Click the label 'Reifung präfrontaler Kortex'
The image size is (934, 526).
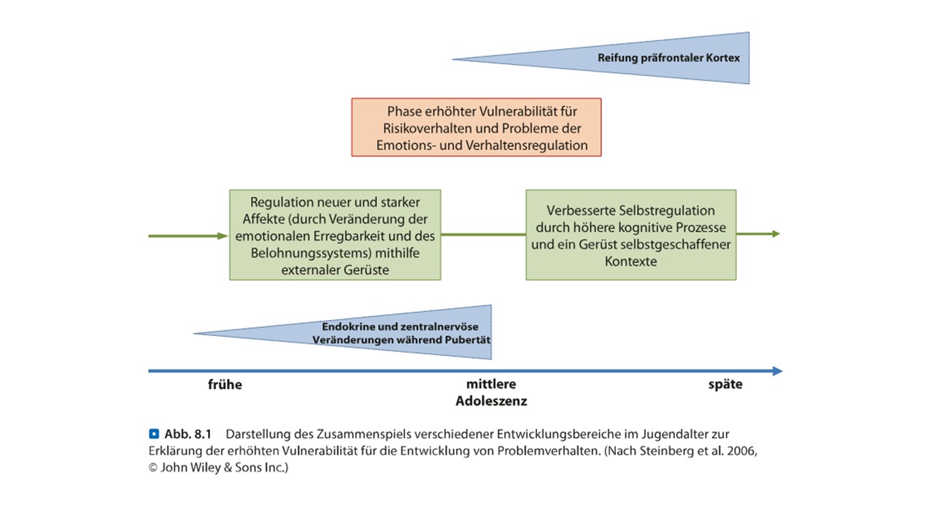[x=669, y=58]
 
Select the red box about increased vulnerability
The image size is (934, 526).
[x=476, y=127]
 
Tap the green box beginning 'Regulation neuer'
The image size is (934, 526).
[x=335, y=235]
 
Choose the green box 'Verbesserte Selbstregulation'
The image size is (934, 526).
[x=631, y=235]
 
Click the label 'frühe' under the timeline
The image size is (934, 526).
[x=225, y=384]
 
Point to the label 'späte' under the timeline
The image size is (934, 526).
[x=725, y=384]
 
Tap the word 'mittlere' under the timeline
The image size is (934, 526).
[x=491, y=384]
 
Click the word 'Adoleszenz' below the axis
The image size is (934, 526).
[x=491, y=401]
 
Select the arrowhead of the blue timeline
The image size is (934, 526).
[x=777, y=370]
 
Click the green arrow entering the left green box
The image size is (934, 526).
[x=188, y=236]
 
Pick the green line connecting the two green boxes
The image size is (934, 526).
[x=483, y=235]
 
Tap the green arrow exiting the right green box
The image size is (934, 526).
[x=758, y=234]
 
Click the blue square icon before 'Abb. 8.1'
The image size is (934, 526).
[x=154, y=434]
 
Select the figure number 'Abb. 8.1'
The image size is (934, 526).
[x=188, y=434]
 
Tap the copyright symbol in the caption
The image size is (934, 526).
[x=153, y=468]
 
